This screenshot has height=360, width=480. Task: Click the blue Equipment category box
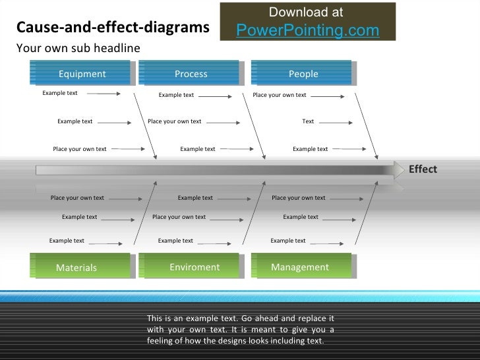[x=82, y=74]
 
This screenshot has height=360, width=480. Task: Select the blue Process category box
[x=191, y=74]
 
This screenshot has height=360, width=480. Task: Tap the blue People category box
[x=303, y=74]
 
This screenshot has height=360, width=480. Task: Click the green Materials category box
[x=76, y=267]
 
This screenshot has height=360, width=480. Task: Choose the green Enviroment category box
[x=195, y=267]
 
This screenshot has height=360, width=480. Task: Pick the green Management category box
[x=299, y=267]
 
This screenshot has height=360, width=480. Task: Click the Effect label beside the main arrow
[x=423, y=169]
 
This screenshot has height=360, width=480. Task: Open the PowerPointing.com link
[x=307, y=30]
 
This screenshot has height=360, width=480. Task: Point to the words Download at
[x=306, y=13]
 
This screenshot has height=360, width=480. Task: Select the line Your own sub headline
[x=78, y=48]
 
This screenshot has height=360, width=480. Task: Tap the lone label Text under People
[x=308, y=121]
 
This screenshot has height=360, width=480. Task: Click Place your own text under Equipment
[x=79, y=149]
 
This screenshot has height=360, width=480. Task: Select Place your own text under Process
[x=174, y=121]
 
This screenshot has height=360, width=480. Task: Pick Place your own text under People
[x=280, y=95]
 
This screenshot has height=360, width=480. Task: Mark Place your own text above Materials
[x=77, y=198]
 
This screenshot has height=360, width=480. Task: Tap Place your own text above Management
[x=298, y=198]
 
